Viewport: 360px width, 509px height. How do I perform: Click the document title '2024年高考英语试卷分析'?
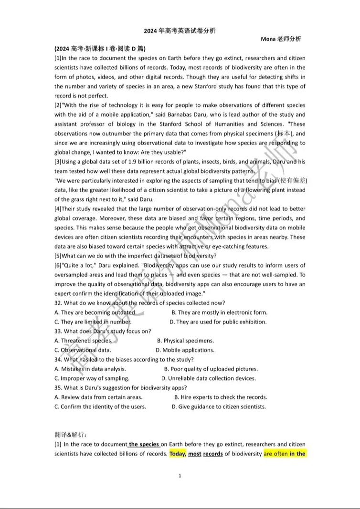pos(180,31)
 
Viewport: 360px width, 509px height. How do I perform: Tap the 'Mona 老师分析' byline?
pos(281,39)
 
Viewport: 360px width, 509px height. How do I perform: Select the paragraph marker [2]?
pos(58,105)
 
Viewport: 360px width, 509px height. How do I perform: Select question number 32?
pos(58,303)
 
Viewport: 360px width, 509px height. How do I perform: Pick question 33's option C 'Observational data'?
pos(82,350)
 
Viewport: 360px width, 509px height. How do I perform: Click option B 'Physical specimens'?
pos(185,341)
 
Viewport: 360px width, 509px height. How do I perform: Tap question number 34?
pos(58,360)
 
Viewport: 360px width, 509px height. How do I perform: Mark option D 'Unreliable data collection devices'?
pos(208,378)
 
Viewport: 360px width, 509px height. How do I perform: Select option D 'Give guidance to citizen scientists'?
pos(219,407)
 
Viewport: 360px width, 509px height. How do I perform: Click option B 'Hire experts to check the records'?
pos(221,397)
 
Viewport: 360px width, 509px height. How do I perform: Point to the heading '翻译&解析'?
pos(70,435)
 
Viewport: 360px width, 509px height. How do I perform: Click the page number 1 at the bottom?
pos(180,476)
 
